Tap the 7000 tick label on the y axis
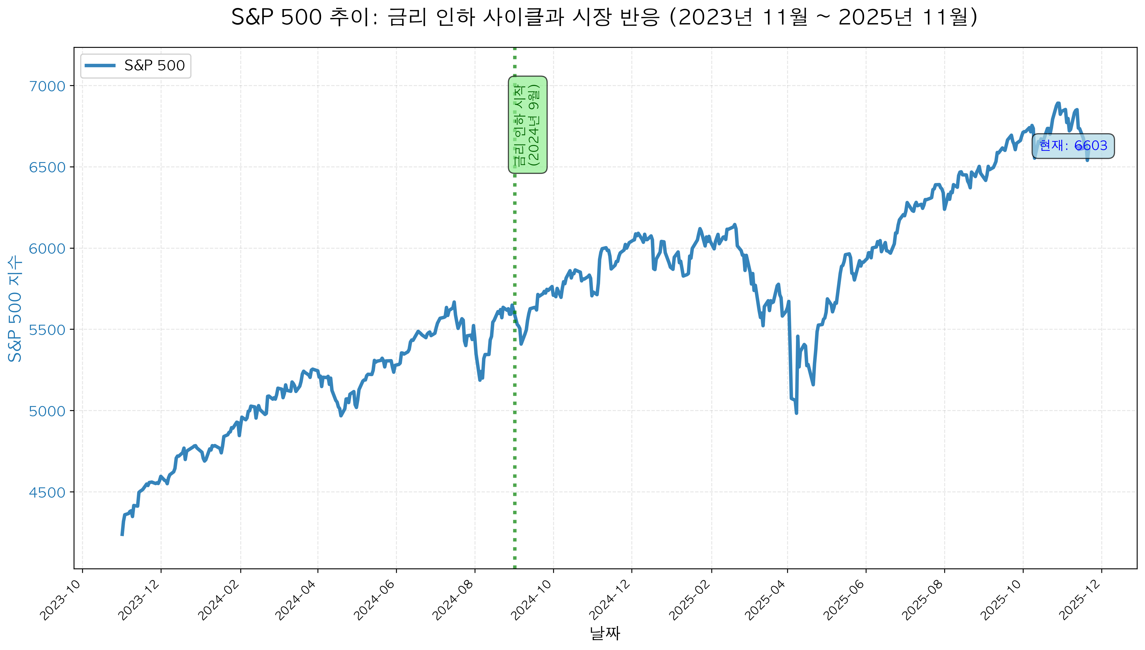pos(47,86)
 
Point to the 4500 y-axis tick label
pos(47,492)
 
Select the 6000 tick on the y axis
pos(47,249)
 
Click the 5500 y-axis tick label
pos(47,330)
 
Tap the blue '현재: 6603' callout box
pos(1073,146)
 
